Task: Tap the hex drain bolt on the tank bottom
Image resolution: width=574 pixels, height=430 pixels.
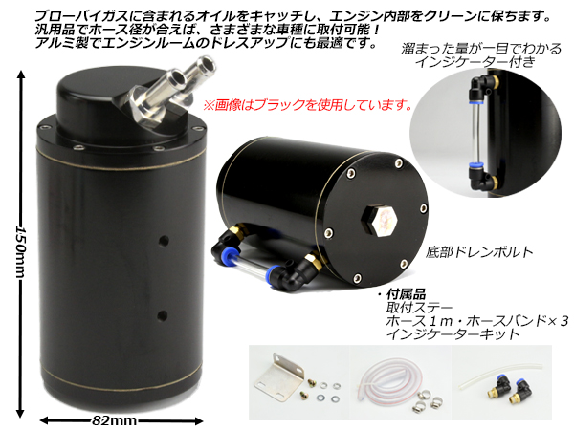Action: click(380, 221)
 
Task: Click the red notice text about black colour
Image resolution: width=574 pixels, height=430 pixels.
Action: click(307, 105)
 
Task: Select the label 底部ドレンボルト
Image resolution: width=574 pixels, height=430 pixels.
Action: click(479, 252)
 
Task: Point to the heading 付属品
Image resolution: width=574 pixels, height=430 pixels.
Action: click(406, 294)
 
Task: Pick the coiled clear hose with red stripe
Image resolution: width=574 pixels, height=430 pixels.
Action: click(389, 383)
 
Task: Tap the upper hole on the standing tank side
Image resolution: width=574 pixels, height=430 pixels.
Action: click(164, 241)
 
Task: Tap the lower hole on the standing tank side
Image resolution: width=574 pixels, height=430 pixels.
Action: click(163, 315)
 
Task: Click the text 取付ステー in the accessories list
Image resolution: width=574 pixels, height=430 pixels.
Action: click(419, 309)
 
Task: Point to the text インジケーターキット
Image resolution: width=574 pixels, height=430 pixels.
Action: click(453, 333)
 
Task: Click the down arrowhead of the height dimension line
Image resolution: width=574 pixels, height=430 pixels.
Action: click(20, 413)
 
